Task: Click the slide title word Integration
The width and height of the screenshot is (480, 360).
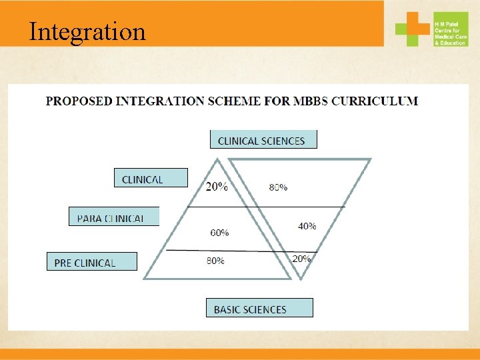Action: (x=87, y=31)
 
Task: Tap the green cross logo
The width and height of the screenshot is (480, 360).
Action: (x=413, y=29)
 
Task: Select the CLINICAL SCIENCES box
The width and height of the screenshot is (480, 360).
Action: (x=263, y=140)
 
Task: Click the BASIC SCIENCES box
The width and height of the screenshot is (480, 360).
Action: (x=259, y=308)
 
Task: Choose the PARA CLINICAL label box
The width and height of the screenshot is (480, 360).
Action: (x=114, y=217)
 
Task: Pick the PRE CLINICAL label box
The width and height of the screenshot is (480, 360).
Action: (x=91, y=262)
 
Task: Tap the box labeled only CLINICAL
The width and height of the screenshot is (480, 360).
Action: (x=151, y=178)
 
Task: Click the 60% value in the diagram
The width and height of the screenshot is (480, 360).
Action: (x=219, y=233)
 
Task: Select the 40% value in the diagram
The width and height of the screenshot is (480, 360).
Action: (x=307, y=226)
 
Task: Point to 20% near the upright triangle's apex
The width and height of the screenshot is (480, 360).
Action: (x=216, y=187)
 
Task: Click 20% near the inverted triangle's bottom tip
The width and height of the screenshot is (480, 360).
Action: (x=301, y=259)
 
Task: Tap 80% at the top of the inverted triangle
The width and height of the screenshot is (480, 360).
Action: (x=278, y=187)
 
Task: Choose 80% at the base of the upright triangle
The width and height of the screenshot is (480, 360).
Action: (x=215, y=261)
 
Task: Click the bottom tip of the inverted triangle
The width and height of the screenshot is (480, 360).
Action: (x=300, y=278)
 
